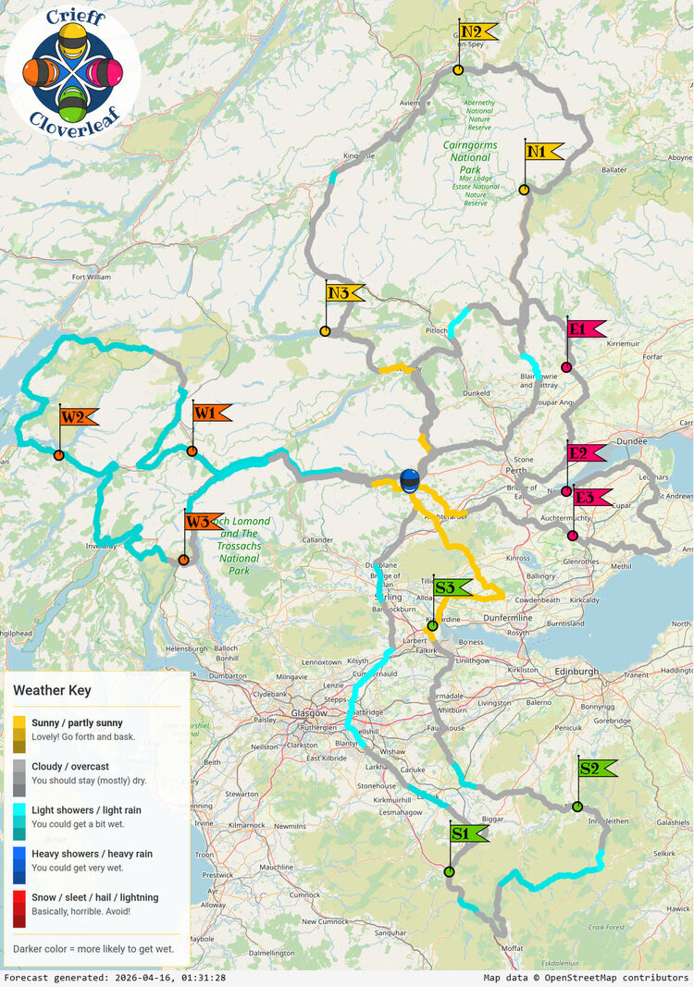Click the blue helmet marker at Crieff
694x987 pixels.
coord(409,480)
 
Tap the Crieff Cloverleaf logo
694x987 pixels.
coord(73,70)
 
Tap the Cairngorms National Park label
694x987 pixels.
coord(469,152)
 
